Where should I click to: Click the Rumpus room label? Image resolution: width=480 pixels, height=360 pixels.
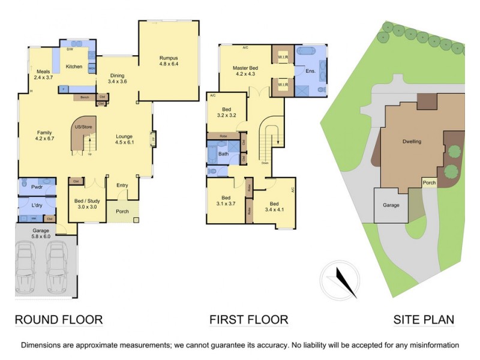point(169,60)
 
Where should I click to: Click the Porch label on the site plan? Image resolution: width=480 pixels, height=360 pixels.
point(429,184)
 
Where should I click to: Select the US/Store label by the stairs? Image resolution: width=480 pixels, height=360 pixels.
point(83,127)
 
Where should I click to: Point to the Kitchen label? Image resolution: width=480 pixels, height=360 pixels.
point(74,67)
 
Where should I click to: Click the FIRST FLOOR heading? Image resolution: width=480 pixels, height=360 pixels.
point(248,320)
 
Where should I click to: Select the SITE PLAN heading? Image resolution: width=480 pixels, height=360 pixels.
point(424,320)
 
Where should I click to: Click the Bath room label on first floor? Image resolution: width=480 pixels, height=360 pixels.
point(223,154)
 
